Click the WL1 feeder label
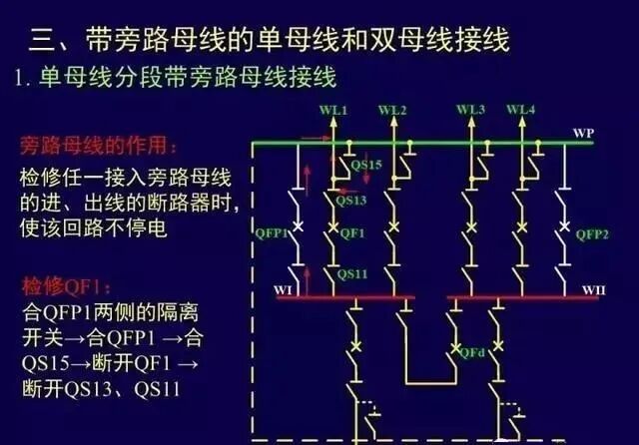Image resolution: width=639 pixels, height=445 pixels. click(x=333, y=109)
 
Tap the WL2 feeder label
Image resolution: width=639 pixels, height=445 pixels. click(x=393, y=109)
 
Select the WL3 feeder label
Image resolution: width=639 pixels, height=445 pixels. click(x=471, y=109)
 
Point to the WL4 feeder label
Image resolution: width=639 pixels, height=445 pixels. click(x=520, y=109)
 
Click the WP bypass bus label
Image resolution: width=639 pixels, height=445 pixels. click(x=584, y=133)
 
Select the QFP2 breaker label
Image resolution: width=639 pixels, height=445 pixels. click(x=593, y=234)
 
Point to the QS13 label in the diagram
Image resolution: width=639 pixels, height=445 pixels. click(x=350, y=200)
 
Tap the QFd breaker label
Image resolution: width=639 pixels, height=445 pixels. click(x=473, y=352)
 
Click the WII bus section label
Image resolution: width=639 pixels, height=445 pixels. click(x=595, y=290)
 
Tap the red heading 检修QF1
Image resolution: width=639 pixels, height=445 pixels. click(x=60, y=289)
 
